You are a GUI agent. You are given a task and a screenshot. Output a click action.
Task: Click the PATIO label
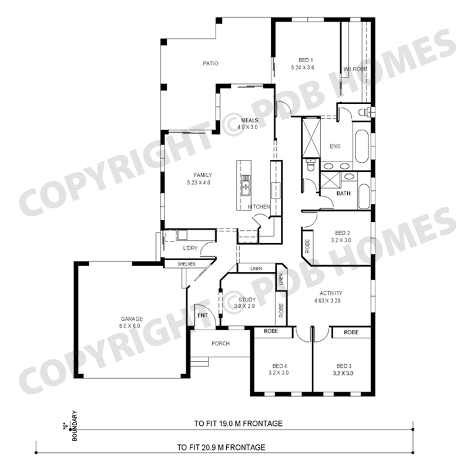pos(210,63)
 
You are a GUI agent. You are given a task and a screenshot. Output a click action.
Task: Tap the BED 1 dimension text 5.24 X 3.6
pos(303,68)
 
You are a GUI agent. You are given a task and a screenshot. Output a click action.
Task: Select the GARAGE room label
pos(132,319)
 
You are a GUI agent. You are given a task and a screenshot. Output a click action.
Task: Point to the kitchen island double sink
pos(245,185)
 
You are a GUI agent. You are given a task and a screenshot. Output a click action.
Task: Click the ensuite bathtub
pos(361,147)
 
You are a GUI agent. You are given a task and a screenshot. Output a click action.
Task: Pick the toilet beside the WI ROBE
pos(364,112)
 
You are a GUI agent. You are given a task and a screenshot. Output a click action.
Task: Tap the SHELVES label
pos(186,264)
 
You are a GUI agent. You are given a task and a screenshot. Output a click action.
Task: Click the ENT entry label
pos(203,315)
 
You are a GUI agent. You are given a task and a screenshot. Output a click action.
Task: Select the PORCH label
pos(220,344)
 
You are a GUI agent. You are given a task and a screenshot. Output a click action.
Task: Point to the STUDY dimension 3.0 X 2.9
pos(244,306)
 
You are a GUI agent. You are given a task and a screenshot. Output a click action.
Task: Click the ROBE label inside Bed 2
pos(307,246)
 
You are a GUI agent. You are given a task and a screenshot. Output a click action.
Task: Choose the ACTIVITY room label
pos(331,293)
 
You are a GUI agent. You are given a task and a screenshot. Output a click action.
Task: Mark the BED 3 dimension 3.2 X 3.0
pos(343,374)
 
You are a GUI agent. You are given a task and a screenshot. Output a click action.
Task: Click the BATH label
pos(343,193)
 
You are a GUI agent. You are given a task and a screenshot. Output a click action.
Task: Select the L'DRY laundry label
pos(190,248)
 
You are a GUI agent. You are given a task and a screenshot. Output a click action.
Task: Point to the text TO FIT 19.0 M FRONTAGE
pos(239,424)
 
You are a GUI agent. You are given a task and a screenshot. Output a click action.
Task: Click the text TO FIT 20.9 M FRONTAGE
pos(221,448)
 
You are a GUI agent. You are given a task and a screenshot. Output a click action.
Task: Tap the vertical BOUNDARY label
pos(75,425)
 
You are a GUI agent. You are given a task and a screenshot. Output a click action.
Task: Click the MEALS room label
pos(249,120)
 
